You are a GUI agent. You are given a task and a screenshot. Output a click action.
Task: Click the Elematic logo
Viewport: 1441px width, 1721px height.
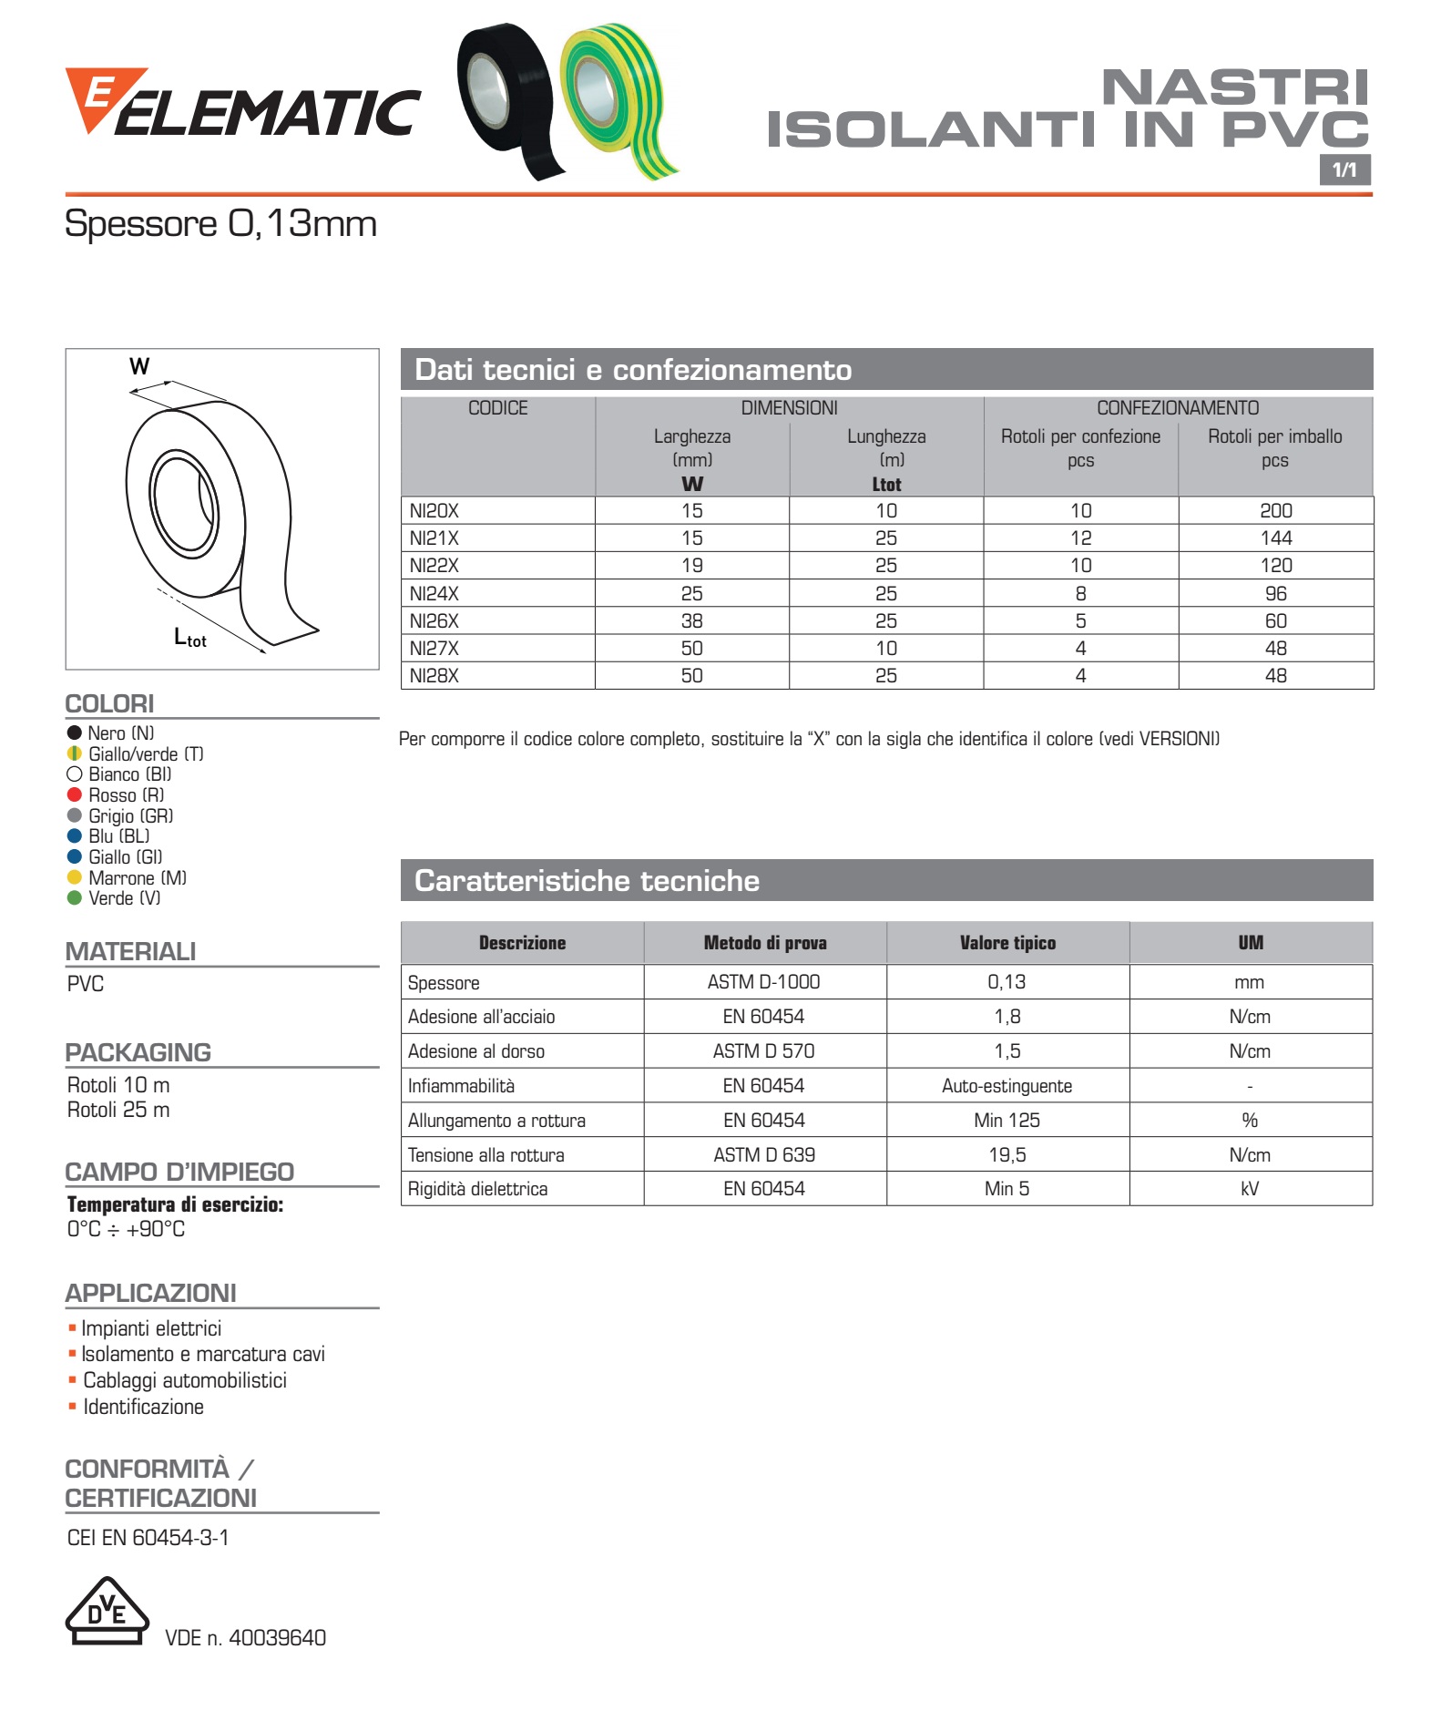pyautogui.click(x=242, y=105)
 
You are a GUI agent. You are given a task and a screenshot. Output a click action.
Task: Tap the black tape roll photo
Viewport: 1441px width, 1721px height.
pyautogui.click(x=506, y=100)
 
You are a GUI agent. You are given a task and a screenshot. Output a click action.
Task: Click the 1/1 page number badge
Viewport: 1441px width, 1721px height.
pyautogui.click(x=1344, y=169)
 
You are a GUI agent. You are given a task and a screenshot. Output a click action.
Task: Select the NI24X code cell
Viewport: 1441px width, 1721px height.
pyautogui.click(x=434, y=594)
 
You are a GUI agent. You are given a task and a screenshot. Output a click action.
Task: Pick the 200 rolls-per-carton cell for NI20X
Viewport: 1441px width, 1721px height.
pyautogui.click(x=1275, y=511)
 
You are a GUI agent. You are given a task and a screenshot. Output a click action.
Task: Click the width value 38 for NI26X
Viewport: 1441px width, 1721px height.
pyautogui.click(x=692, y=621)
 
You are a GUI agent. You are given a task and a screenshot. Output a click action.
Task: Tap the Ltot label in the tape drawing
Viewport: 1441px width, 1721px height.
pyautogui.click(x=190, y=638)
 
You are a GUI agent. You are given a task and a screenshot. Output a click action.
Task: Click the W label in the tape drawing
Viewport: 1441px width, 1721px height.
pyautogui.click(x=139, y=367)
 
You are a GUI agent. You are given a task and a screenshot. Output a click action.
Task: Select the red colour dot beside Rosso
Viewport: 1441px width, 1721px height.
pyautogui.click(x=75, y=794)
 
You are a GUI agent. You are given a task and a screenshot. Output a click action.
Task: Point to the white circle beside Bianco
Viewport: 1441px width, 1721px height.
pyautogui.click(x=75, y=774)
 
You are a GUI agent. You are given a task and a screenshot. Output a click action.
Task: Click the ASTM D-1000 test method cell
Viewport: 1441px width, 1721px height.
pyautogui.click(x=763, y=982)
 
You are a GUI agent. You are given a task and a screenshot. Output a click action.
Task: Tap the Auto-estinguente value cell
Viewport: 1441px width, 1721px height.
pyautogui.click(x=1007, y=1086)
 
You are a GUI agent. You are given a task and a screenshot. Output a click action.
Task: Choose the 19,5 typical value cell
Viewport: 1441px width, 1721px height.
pyautogui.click(x=1007, y=1155)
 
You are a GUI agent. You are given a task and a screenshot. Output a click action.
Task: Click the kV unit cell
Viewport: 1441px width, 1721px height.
pyautogui.click(x=1250, y=1189)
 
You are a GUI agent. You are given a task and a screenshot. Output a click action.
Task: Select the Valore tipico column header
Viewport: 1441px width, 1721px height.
pyautogui.click(x=1007, y=943)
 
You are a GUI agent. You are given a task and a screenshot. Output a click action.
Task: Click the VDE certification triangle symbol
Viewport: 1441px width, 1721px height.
pyautogui.click(x=107, y=1612)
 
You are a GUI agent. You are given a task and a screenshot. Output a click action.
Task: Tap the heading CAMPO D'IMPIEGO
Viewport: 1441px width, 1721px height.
pyautogui.click(x=179, y=1172)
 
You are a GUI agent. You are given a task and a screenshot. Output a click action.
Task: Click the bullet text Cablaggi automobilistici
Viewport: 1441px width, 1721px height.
pyautogui.click(x=185, y=1380)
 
